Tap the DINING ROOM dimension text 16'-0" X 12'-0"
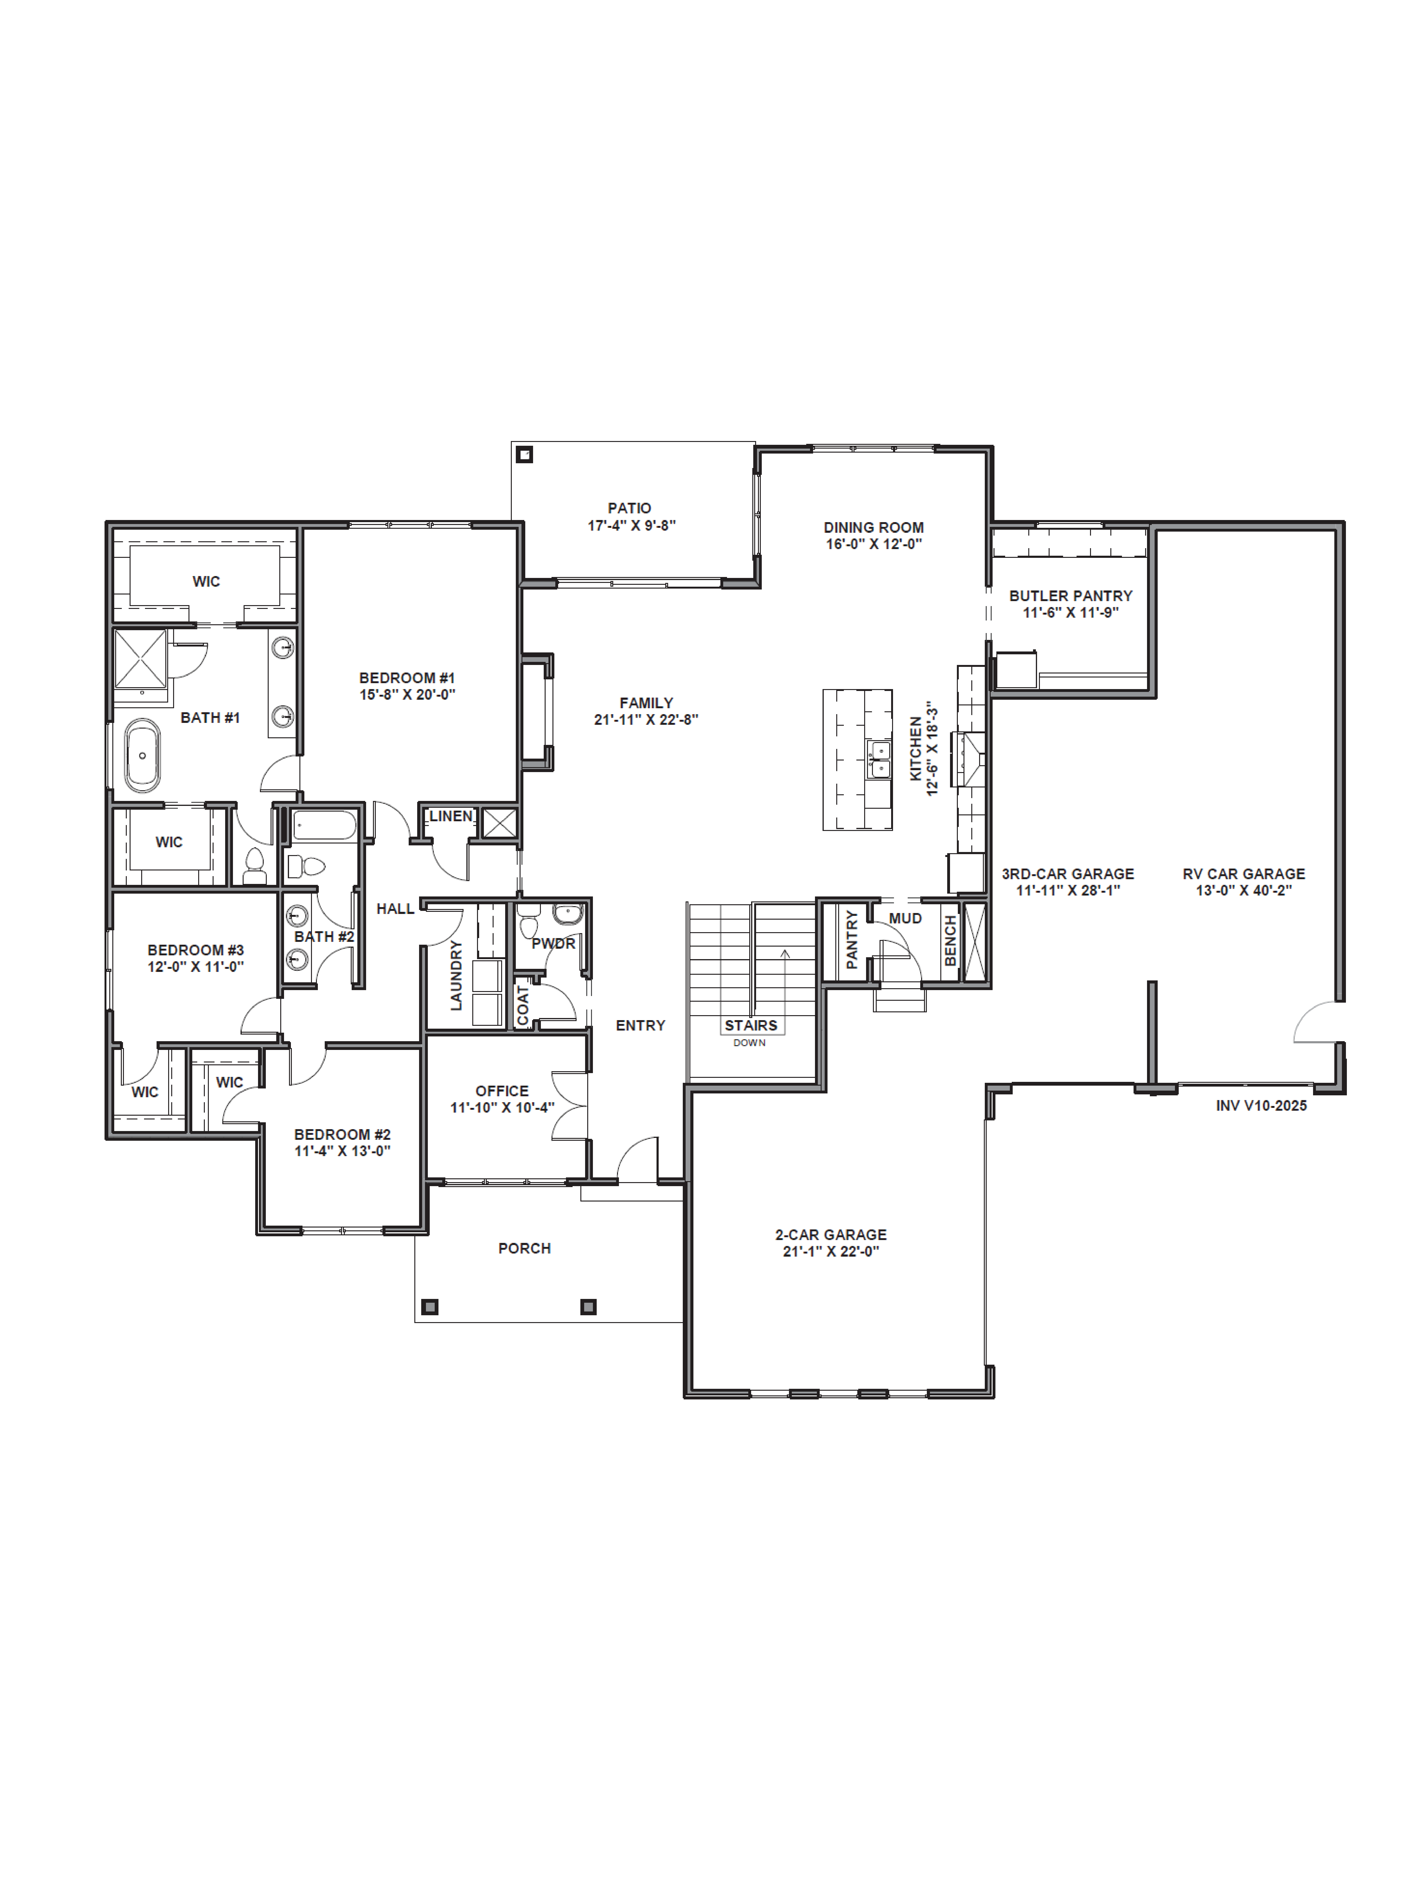(x=873, y=544)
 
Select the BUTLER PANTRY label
(x=1070, y=595)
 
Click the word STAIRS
(x=750, y=1025)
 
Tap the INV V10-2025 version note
(x=1261, y=1105)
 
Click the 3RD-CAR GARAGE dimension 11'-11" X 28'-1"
(x=1068, y=890)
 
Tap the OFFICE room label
(x=502, y=1091)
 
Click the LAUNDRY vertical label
(x=456, y=975)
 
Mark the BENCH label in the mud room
(x=949, y=941)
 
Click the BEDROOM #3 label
(x=195, y=949)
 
